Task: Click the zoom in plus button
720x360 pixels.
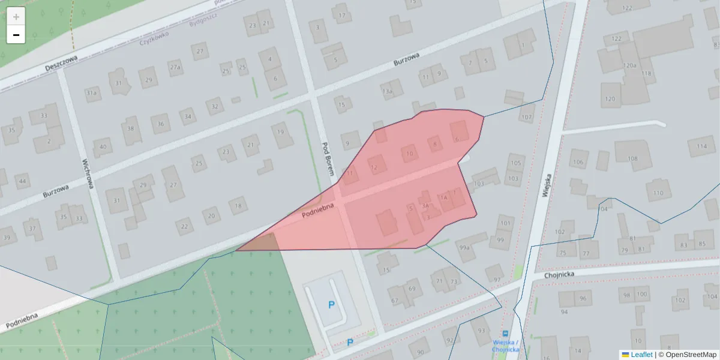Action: [16, 17]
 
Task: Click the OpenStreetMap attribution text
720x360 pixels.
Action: [686, 355]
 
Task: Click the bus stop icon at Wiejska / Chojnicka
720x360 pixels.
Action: [505, 334]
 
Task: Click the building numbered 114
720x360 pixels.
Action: [701, 146]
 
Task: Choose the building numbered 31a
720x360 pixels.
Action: [91, 93]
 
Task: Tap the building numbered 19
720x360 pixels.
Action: [281, 132]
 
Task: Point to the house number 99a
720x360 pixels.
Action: [463, 247]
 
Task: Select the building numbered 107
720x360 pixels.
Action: [526, 116]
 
